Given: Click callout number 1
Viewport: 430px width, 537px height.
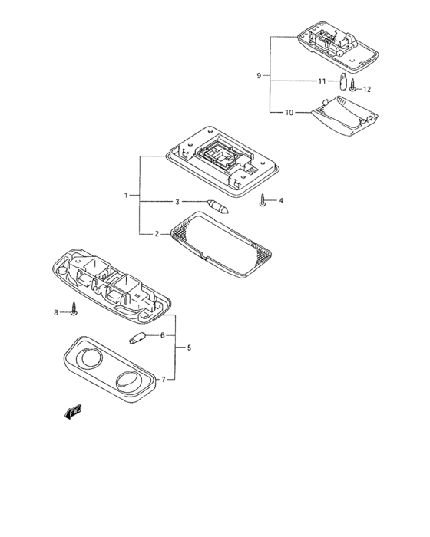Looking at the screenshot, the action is tap(126, 195).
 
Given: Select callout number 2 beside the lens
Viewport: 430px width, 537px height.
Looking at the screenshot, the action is tap(157, 234).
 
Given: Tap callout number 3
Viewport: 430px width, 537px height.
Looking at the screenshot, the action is tap(177, 202).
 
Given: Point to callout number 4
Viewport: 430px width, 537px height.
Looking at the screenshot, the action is tap(281, 200).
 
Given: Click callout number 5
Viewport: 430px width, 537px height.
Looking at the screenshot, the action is tap(189, 348).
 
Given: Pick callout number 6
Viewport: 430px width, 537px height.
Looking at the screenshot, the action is tap(163, 335).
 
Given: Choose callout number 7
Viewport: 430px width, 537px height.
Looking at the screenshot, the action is tap(164, 380).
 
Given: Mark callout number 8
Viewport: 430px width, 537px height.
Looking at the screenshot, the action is tap(56, 312).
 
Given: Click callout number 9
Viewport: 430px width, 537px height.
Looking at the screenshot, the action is tap(259, 76).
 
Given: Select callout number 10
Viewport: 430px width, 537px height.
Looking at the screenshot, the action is tap(289, 112).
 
